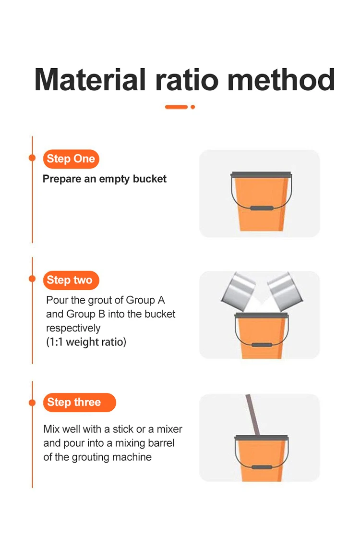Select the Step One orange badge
point(71,159)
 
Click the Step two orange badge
point(71,280)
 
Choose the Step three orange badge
point(80,402)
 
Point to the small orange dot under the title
point(192,107)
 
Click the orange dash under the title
point(176,107)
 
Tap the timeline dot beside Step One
point(32,158)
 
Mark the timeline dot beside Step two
point(32,279)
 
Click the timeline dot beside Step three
point(32,403)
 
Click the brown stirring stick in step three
point(253,415)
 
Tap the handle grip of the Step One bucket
point(262,208)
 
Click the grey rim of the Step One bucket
point(261,175)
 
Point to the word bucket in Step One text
point(149,179)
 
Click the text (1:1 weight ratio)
point(86,342)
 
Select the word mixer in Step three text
point(169,429)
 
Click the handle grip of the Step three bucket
point(262,467)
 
